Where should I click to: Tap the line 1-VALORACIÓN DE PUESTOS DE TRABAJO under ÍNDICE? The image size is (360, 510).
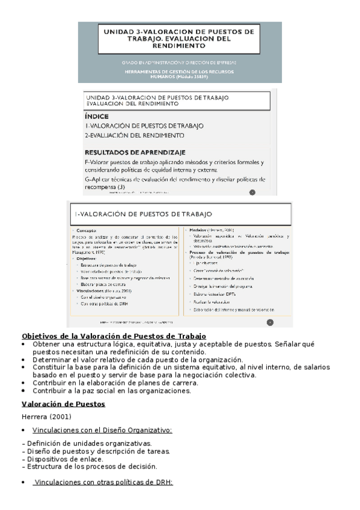[x=144, y=126]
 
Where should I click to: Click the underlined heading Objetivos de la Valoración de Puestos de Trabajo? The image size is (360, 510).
[x=114, y=336]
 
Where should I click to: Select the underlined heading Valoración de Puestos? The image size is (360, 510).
[x=63, y=404]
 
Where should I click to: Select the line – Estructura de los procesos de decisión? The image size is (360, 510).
[x=89, y=466]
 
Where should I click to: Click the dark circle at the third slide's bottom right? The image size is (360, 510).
[x=269, y=322]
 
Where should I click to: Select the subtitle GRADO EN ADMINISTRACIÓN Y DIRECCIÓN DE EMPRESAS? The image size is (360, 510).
[x=178, y=62]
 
